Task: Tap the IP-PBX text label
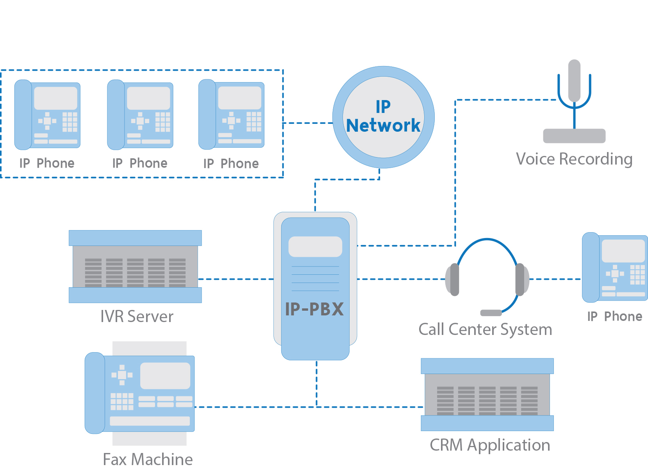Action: (x=314, y=309)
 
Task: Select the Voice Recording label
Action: (x=574, y=159)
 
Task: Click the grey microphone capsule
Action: (x=574, y=81)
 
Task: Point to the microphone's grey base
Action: (x=574, y=136)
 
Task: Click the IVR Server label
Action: (x=137, y=316)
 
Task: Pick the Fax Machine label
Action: (x=148, y=459)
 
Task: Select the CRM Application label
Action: (x=490, y=445)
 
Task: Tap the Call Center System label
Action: (x=485, y=329)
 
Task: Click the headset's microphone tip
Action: (x=491, y=313)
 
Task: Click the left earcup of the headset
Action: (x=452, y=279)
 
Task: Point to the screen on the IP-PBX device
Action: (x=315, y=247)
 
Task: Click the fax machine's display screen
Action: (x=165, y=376)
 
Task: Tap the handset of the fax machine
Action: (x=95, y=393)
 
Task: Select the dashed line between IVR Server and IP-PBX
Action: (x=236, y=279)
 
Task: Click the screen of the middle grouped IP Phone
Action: (x=148, y=98)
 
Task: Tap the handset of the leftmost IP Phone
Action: (x=23, y=115)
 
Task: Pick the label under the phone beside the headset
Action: (x=615, y=317)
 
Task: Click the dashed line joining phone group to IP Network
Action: (x=308, y=123)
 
